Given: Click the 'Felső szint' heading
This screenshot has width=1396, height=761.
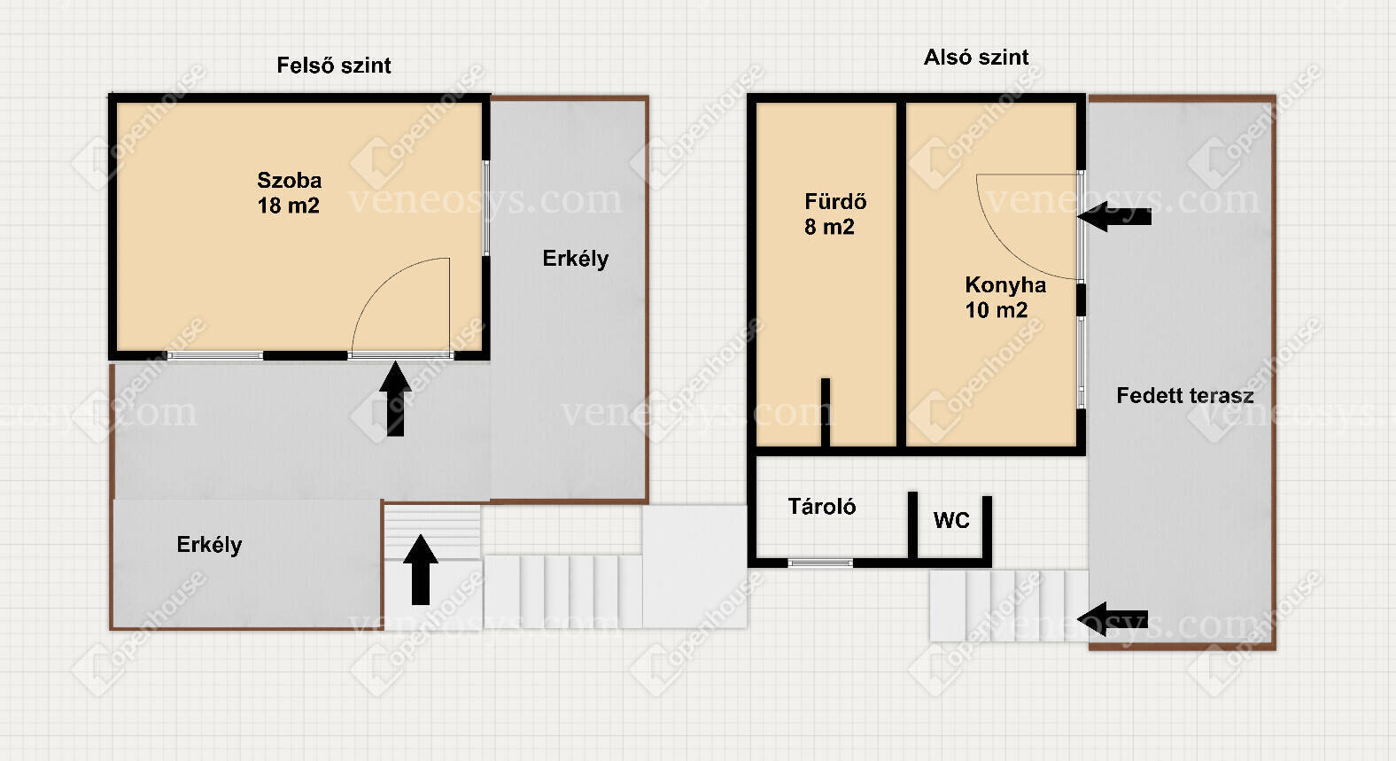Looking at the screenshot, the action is [333, 66].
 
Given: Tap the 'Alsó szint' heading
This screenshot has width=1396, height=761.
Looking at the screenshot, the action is [975, 58].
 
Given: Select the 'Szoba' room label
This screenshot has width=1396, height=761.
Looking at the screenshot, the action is [289, 180].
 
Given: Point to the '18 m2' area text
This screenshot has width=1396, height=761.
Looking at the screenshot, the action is [289, 206].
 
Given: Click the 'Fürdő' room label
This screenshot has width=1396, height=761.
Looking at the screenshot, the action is [835, 201].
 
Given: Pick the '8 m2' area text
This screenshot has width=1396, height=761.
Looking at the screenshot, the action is [829, 227].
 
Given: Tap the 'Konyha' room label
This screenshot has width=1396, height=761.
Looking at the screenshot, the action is [1005, 285].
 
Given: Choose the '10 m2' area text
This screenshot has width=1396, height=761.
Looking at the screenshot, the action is [996, 310].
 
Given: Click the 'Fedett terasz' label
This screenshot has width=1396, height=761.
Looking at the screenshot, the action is [1184, 396].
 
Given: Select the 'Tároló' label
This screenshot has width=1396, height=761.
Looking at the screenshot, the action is [821, 506].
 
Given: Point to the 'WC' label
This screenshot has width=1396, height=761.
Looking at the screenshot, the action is [951, 520].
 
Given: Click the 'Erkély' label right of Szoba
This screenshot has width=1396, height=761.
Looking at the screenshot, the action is [575, 259].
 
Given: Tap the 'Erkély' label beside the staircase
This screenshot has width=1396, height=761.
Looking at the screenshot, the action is [209, 545].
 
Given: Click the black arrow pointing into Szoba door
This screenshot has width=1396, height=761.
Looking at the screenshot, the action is [395, 399].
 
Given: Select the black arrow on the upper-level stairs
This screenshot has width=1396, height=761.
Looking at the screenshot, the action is [421, 570].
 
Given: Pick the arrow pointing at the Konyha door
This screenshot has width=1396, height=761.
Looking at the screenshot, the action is [1114, 217].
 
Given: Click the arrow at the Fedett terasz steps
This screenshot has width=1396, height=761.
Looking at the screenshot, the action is [1113, 619].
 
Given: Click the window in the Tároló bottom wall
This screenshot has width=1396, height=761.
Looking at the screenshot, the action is [820, 563].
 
